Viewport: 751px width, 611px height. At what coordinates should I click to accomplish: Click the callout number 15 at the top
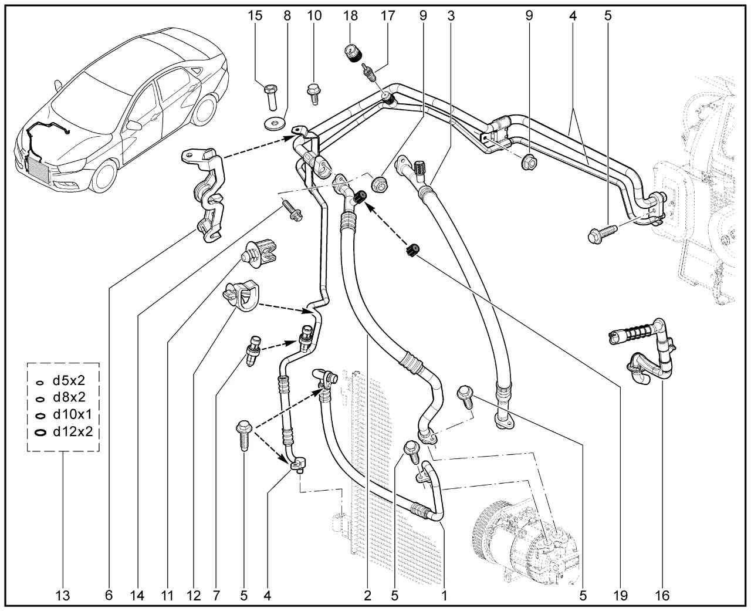click(255, 16)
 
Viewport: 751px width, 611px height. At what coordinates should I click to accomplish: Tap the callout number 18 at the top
click(351, 16)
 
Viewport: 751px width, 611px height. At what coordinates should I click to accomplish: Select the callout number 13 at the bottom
click(63, 596)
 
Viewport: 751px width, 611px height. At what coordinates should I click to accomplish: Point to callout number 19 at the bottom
click(620, 596)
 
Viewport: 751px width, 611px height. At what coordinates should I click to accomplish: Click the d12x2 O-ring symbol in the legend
click(40, 433)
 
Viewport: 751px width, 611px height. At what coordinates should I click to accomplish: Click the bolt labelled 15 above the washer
click(270, 96)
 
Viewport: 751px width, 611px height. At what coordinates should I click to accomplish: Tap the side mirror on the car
click(134, 125)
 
